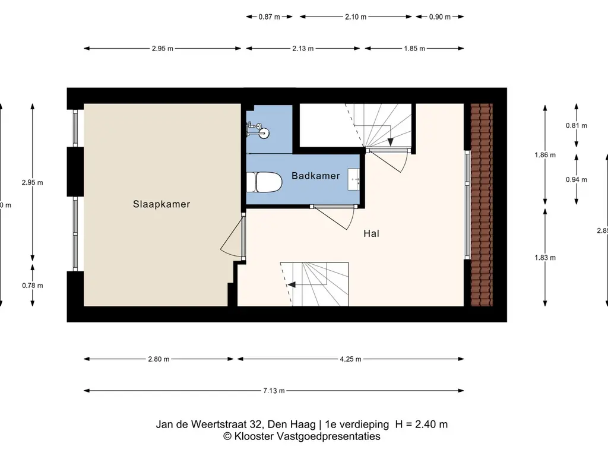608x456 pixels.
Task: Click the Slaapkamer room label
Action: click(x=161, y=204)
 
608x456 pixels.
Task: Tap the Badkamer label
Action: click(x=315, y=176)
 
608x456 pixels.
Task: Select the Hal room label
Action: click(x=371, y=234)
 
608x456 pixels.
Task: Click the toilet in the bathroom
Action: click(x=267, y=183)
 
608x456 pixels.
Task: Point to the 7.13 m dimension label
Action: click(x=273, y=391)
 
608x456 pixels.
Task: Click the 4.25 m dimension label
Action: click(x=350, y=359)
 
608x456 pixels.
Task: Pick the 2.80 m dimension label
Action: click(x=159, y=359)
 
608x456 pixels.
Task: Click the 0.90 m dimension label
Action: click(x=439, y=17)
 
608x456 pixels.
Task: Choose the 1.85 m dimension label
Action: click(x=414, y=49)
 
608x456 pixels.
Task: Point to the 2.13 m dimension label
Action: click(x=302, y=49)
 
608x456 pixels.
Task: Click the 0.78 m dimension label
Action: click(x=32, y=286)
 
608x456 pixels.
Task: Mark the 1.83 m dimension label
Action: click(x=545, y=258)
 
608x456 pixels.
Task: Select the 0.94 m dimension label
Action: click(x=576, y=180)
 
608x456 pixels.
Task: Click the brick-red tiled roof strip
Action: click(x=481, y=205)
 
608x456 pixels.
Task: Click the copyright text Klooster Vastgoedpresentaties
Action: click(x=302, y=436)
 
